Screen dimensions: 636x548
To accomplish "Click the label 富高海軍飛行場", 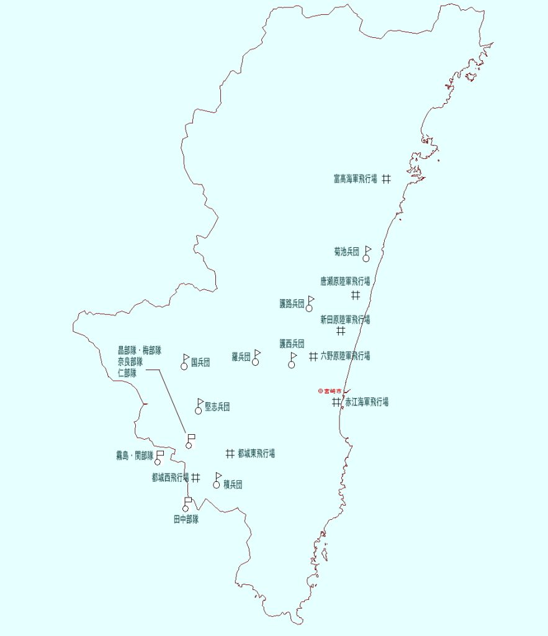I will coord(355,179).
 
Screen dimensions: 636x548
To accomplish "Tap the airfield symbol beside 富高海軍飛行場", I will coord(386,178).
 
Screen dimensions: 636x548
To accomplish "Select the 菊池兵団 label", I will coord(346,252).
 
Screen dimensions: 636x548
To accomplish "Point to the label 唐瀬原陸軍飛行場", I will coord(345,281).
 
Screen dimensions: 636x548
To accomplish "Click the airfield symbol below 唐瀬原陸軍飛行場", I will coord(356,295).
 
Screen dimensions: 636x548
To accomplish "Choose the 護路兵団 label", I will coord(292,304).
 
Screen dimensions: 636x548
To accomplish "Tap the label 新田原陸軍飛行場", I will coord(345,320).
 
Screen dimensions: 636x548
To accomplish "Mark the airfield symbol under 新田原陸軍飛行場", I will coord(341,331).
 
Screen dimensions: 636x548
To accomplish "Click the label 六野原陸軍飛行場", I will coord(345,356).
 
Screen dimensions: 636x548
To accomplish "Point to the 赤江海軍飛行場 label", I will coord(367,402).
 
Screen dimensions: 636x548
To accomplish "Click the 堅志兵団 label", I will coord(217,407).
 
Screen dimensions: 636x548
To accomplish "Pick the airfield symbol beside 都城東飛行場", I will coord(230,453).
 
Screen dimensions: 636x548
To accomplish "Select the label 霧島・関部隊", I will coord(134,456).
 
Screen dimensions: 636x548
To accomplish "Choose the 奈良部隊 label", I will coord(130,361).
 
